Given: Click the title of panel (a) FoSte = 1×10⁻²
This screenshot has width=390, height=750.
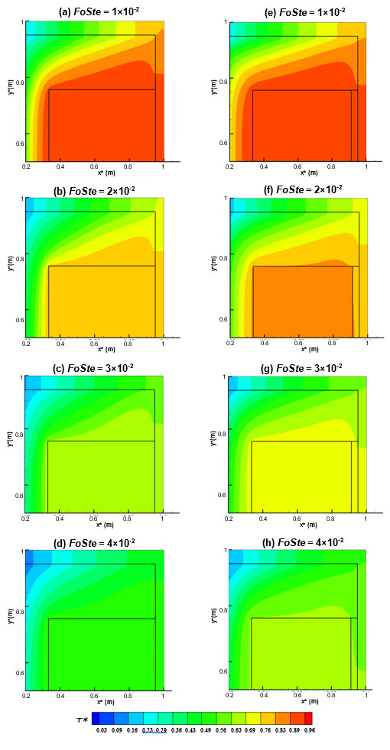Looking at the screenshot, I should [96, 12].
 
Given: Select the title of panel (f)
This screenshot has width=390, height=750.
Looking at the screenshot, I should [297, 189].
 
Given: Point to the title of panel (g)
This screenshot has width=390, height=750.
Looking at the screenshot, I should [297, 367].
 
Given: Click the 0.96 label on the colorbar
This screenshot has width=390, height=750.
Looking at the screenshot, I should [308, 731].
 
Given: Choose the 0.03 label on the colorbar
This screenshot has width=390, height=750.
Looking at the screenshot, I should [100, 731].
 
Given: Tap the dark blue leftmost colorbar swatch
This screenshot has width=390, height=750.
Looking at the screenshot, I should [96, 718].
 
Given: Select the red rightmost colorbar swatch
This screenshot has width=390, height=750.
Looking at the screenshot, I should [308, 718].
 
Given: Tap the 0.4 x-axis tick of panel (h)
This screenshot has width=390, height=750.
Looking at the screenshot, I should [264, 696].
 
